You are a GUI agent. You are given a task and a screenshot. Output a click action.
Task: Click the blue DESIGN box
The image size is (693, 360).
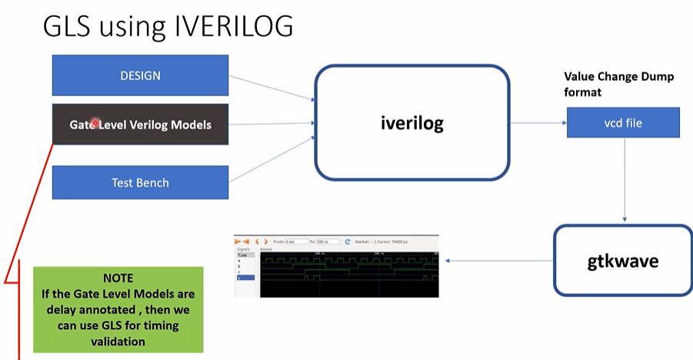click(x=140, y=75)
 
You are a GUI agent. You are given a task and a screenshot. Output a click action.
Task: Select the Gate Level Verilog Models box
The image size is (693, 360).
click(x=140, y=125)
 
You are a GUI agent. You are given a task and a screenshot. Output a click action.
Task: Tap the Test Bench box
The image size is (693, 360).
click(x=140, y=183)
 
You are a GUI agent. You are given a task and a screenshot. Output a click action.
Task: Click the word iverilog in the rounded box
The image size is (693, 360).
click(x=411, y=121)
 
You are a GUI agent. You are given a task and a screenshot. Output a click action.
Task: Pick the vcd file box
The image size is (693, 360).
click(x=623, y=122)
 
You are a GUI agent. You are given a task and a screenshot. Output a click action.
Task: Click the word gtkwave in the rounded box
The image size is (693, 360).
click(x=622, y=261)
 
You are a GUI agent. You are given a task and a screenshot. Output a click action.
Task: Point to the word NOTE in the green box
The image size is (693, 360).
click(x=118, y=278)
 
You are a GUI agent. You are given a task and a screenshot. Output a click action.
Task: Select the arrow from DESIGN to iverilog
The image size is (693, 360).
click(x=273, y=88)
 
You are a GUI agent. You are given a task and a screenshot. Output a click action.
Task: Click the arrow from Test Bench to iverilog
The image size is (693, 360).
click(x=273, y=158)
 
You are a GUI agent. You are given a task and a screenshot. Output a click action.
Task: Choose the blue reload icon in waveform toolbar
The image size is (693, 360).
click(x=348, y=241)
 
